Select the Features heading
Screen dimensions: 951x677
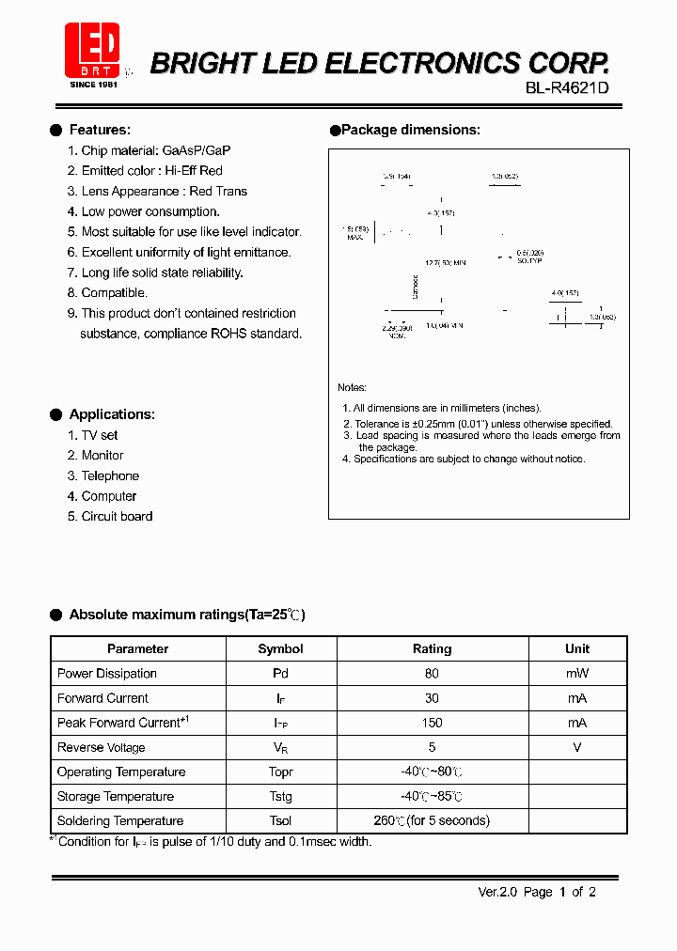click(x=100, y=130)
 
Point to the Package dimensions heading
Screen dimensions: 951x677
click(x=410, y=130)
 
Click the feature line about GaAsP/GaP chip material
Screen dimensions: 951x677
click(x=155, y=150)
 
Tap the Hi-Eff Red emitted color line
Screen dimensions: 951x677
click(x=151, y=171)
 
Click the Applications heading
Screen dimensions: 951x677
click(x=112, y=414)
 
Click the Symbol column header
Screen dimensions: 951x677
click(x=280, y=648)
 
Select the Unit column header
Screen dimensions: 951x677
click(x=577, y=648)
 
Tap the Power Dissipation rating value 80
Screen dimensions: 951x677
click(x=432, y=674)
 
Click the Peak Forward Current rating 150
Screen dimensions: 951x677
click(x=432, y=723)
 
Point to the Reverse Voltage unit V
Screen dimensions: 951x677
click(x=577, y=747)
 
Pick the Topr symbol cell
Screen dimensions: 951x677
click(x=280, y=772)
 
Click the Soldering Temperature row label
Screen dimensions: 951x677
click(x=120, y=820)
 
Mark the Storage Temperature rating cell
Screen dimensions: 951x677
click(x=432, y=797)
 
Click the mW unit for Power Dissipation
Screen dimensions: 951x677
click(x=577, y=674)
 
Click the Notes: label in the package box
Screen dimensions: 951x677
click(x=353, y=387)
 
